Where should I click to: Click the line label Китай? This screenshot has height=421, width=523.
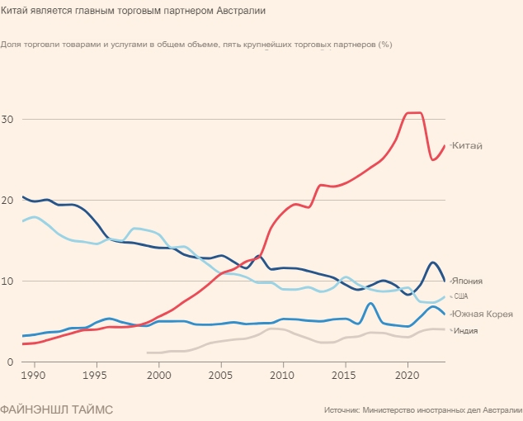point(467,146)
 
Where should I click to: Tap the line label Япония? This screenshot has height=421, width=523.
point(467,281)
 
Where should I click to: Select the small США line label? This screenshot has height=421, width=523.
point(460,296)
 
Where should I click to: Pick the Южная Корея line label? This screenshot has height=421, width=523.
point(483,315)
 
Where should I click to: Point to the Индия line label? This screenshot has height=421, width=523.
point(466,331)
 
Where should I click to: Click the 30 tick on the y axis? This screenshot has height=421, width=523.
point(8,120)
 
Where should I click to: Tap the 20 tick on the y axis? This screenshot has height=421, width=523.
point(8,201)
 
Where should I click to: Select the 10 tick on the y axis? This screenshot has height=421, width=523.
point(8,281)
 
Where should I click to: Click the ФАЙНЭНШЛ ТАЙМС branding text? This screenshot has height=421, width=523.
point(57,409)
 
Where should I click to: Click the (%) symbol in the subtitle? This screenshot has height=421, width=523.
point(384,44)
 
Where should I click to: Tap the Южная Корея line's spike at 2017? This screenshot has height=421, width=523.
point(370,303)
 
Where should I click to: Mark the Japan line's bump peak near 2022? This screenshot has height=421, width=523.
point(433,263)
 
